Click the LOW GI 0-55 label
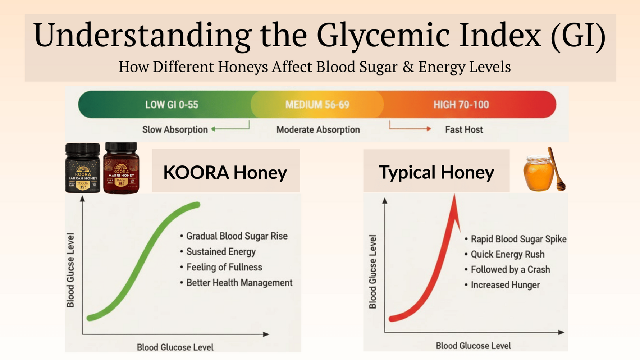tap(172, 105)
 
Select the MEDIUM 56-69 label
tap(317, 105)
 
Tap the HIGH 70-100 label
tap(461, 105)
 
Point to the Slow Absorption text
tap(175, 129)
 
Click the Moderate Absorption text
tap(318, 129)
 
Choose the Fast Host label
tap(464, 129)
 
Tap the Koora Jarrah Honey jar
tap(83, 168)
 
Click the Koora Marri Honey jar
tap(121, 168)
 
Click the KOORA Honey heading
tap(225, 172)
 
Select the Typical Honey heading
tap(436, 172)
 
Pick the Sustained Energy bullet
tap(220, 252)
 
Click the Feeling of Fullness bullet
tap(224, 267)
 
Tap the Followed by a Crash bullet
tap(510, 270)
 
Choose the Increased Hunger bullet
tap(505, 285)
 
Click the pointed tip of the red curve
tap(454, 197)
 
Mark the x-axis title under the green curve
tap(175, 347)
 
